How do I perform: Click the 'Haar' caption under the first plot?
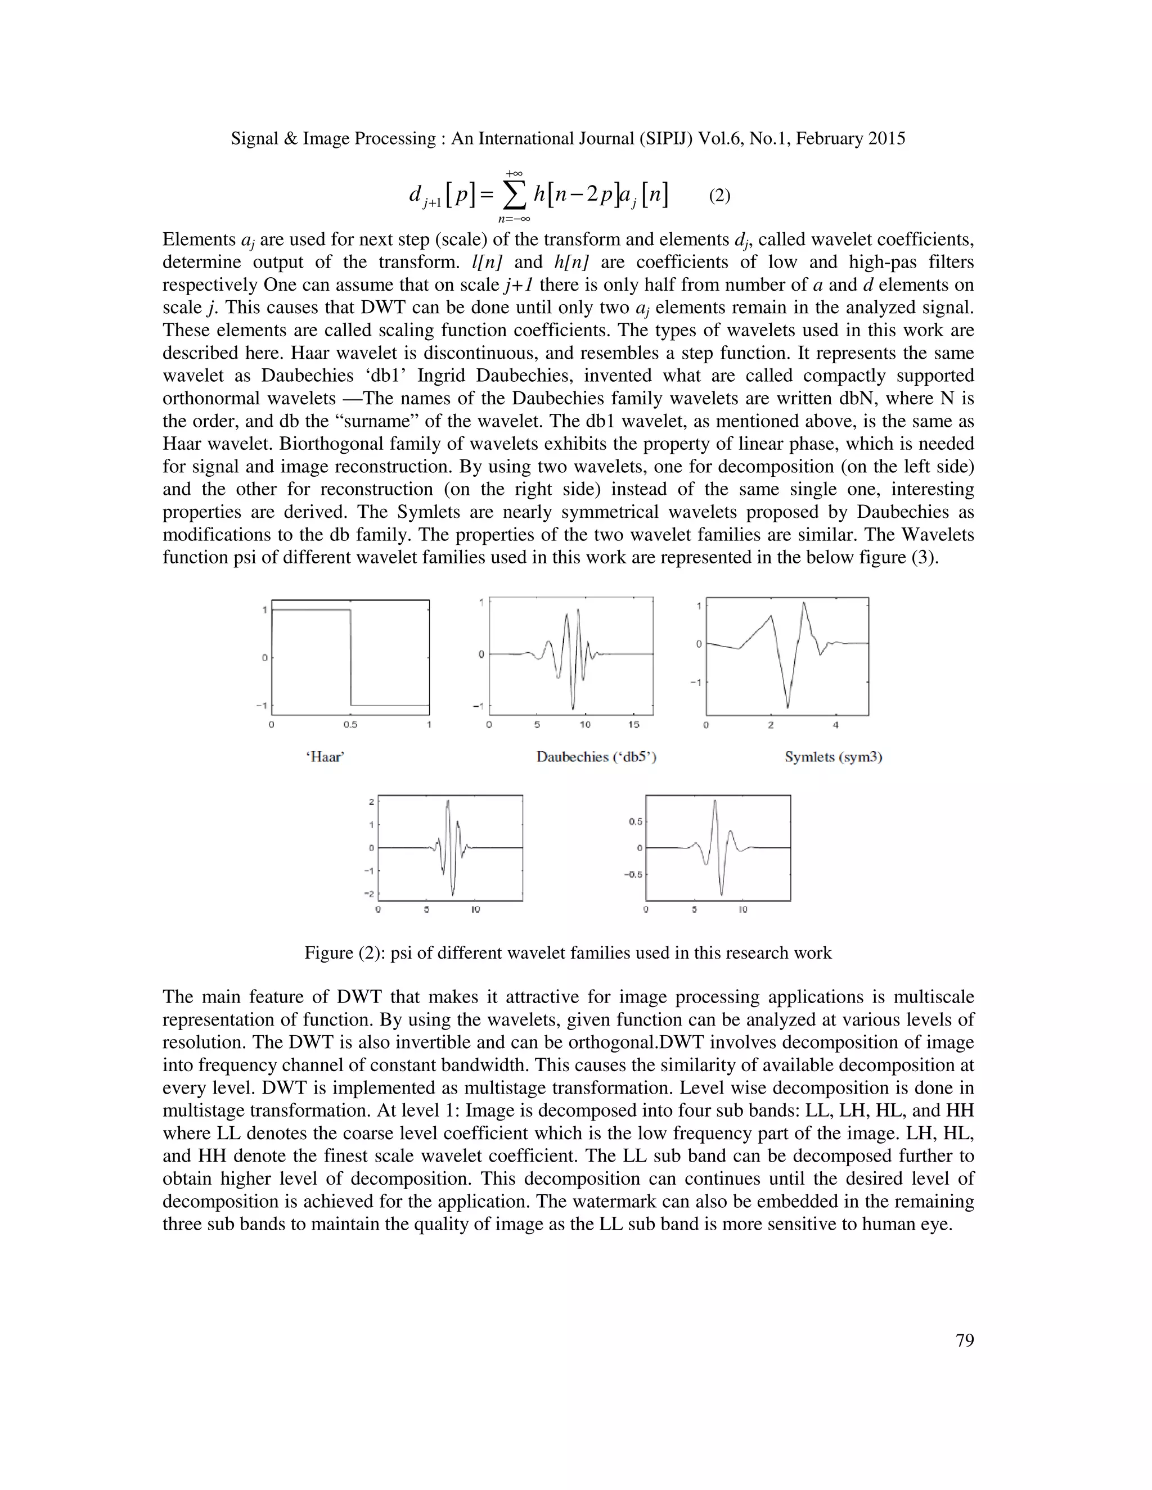click(325, 757)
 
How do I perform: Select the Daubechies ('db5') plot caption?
click(596, 757)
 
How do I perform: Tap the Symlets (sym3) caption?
click(833, 757)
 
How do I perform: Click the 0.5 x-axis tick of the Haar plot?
click(350, 725)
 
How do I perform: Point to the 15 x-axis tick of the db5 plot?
click(634, 725)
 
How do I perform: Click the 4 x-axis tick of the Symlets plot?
click(835, 725)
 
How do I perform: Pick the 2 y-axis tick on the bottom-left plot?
click(371, 802)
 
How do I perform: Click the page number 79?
click(964, 1340)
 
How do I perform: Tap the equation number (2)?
click(719, 196)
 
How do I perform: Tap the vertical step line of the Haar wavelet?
click(351, 657)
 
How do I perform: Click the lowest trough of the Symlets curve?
click(787, 707)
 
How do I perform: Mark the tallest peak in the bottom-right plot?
click(714, 801)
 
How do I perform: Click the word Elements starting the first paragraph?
click(199, 240)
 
